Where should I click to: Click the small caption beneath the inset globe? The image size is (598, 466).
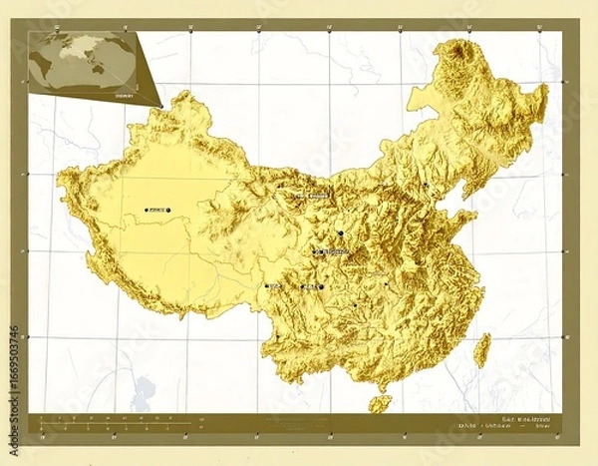click(96, 97)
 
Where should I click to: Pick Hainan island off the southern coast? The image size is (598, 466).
click(380, 403)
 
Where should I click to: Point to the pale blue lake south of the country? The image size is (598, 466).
click(148, 385)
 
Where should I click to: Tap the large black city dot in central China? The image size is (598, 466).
click(340, 233)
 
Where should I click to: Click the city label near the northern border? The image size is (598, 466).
click(314, 196)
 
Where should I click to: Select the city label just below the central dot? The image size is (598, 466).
click(332, 253)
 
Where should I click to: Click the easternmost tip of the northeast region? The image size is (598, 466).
click(546, 90)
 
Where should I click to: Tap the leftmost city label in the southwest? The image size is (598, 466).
click(272, 286)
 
